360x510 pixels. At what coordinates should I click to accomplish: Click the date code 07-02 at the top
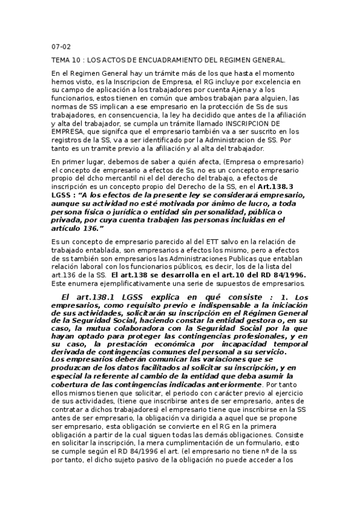[61, 46]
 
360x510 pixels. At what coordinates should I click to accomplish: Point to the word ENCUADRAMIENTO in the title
[157, 60]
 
